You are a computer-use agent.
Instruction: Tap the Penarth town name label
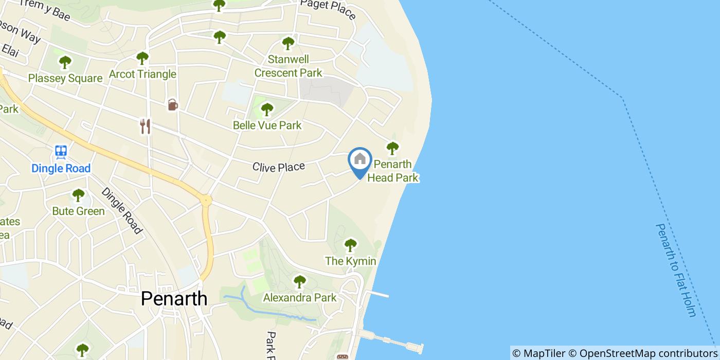[x=174, y=298]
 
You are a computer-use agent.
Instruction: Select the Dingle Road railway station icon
[x=61, y=152]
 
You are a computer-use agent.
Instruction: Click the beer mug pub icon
[x=172, y=105]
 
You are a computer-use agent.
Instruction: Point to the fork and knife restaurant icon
[x=146, y=126]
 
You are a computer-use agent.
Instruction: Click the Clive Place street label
[x=278, y=167]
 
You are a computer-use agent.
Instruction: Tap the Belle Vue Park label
[x=267, y=125]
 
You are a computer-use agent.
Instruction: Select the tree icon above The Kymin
[x=350, y=245]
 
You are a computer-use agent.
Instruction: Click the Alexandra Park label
[x=299, y=297]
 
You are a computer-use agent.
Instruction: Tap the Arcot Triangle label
[x=142, y=74]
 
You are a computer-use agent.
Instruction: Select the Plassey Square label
[x=65, y=78]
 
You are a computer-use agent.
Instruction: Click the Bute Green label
[x=78, y=211]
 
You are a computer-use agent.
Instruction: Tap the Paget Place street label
[x=328, y=9]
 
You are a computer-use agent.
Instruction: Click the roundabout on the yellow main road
[x=206, y=200]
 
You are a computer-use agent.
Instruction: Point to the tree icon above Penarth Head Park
[x=392, y=149]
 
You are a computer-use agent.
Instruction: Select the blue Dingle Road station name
[x=61, y=168]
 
